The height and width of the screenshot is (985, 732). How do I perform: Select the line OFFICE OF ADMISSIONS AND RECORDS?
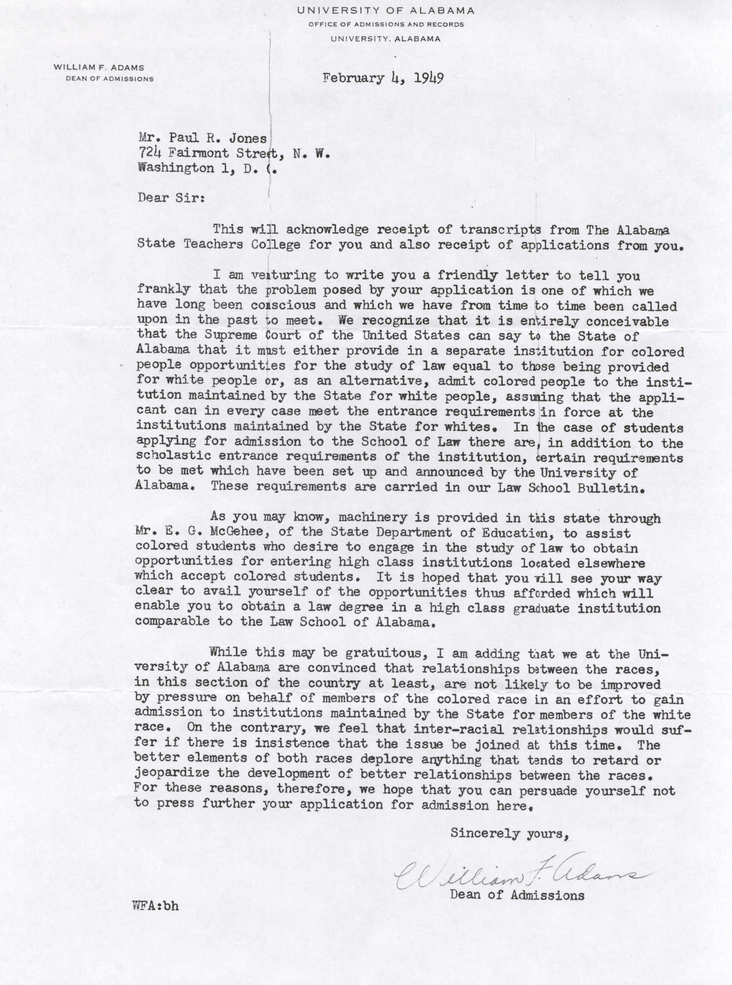pyautogui.click(x=386, y=25)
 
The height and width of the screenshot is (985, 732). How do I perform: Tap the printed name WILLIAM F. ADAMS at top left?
pyautogui.click(x=99, y=68)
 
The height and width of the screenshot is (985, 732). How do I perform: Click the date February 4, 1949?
pyautogui.click(x=383, y=78)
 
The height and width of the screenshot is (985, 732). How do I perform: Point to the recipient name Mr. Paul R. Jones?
pyautogui.click(x=202, y=138)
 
